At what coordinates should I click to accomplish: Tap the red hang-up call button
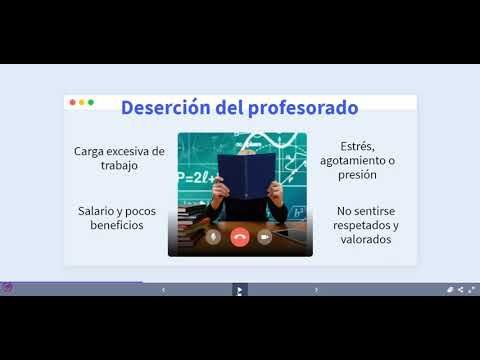(239, 237)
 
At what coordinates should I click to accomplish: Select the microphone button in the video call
(213, 237)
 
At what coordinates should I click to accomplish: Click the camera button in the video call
(265, 237)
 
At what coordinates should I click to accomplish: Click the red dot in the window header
(71, 102)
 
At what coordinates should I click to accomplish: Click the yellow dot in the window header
(81, 102)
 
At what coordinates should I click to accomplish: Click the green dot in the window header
(91, 102)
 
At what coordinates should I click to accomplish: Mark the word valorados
(366, 239)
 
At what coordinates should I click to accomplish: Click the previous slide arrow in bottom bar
(163, 289)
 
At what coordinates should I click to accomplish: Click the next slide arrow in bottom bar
(316, 289)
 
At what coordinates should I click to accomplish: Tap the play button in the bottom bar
(239, 289)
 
